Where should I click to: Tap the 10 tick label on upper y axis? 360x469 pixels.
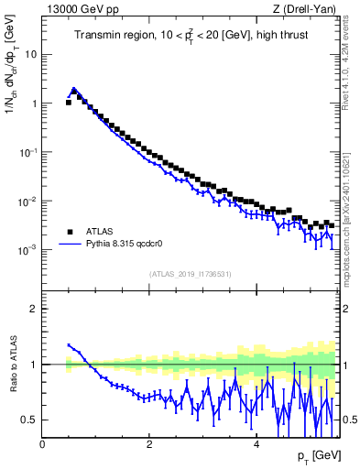coord(31,54)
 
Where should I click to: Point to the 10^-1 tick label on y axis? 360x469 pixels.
coord(28,152)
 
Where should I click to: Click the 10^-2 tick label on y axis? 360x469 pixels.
coord(28,201)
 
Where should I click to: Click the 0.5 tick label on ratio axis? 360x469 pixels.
coord(29,420)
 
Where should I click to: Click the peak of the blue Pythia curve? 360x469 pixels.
coord(73,89)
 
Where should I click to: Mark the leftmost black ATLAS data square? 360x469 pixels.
coord(69,103)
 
